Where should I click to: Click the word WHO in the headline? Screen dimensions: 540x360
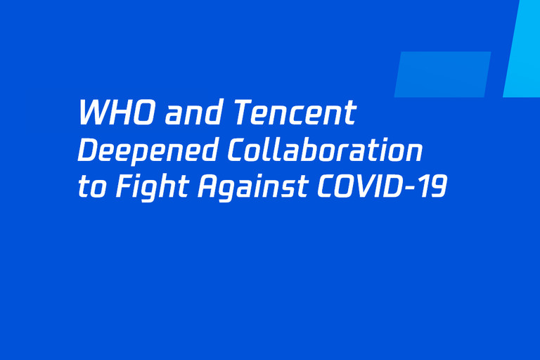coord(116,112)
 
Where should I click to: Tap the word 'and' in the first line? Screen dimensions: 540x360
coord(193,112)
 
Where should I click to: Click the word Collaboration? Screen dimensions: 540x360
coord(325,150)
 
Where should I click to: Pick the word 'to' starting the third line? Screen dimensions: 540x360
coord(91,187)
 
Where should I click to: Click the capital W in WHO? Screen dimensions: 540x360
coord(94,112)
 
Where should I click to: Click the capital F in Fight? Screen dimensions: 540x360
coord(126,186)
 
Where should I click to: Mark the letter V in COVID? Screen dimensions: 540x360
coord(366,186)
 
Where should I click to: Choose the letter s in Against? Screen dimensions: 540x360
coord(288,189)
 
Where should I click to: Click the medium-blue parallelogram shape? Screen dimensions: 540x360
coord(442,75)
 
